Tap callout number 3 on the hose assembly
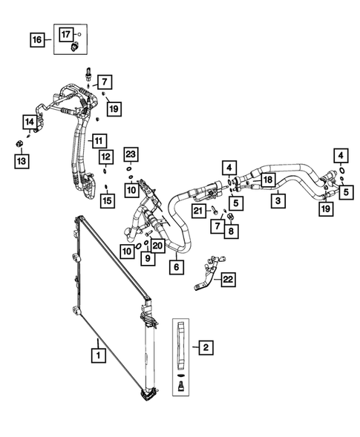[277, 200]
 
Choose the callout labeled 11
[97, 139]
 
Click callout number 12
[106, 157]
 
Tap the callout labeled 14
[30, 122]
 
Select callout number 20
[157, 245]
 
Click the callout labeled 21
[198, 212]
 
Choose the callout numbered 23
[131, 155]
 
